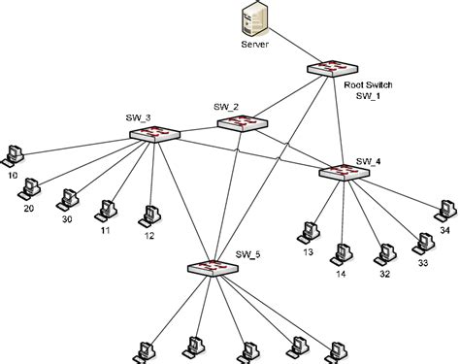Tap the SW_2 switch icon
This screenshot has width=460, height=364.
(x=237, y=122)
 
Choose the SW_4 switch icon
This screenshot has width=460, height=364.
(x=343, y=171)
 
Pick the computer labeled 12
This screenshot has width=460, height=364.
(x=150, y=213)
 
